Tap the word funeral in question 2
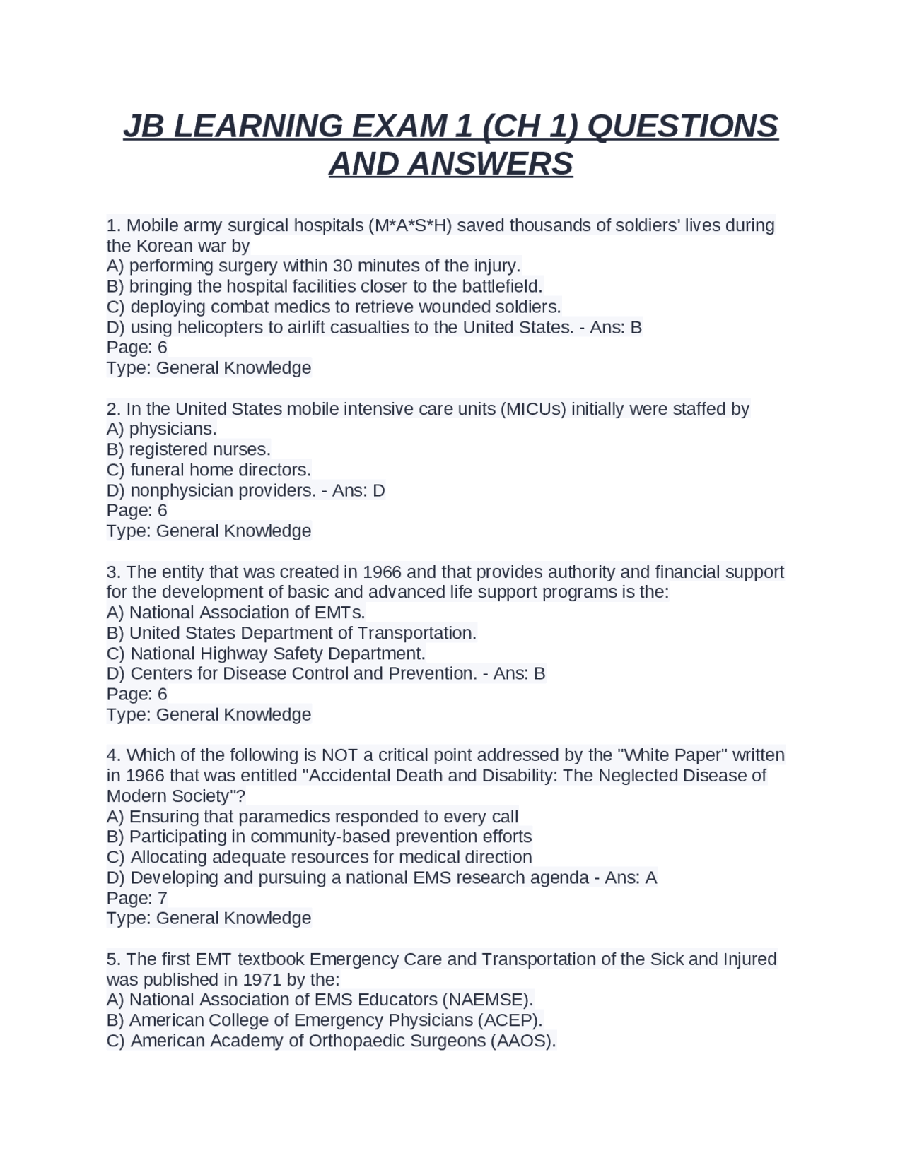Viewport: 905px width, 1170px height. [x=157, y=470]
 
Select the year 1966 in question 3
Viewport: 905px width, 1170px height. [x=382, y=572]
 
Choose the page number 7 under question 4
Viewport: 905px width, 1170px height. [x=162, y=898]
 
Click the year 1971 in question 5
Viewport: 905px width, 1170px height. [x=262, y=980]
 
